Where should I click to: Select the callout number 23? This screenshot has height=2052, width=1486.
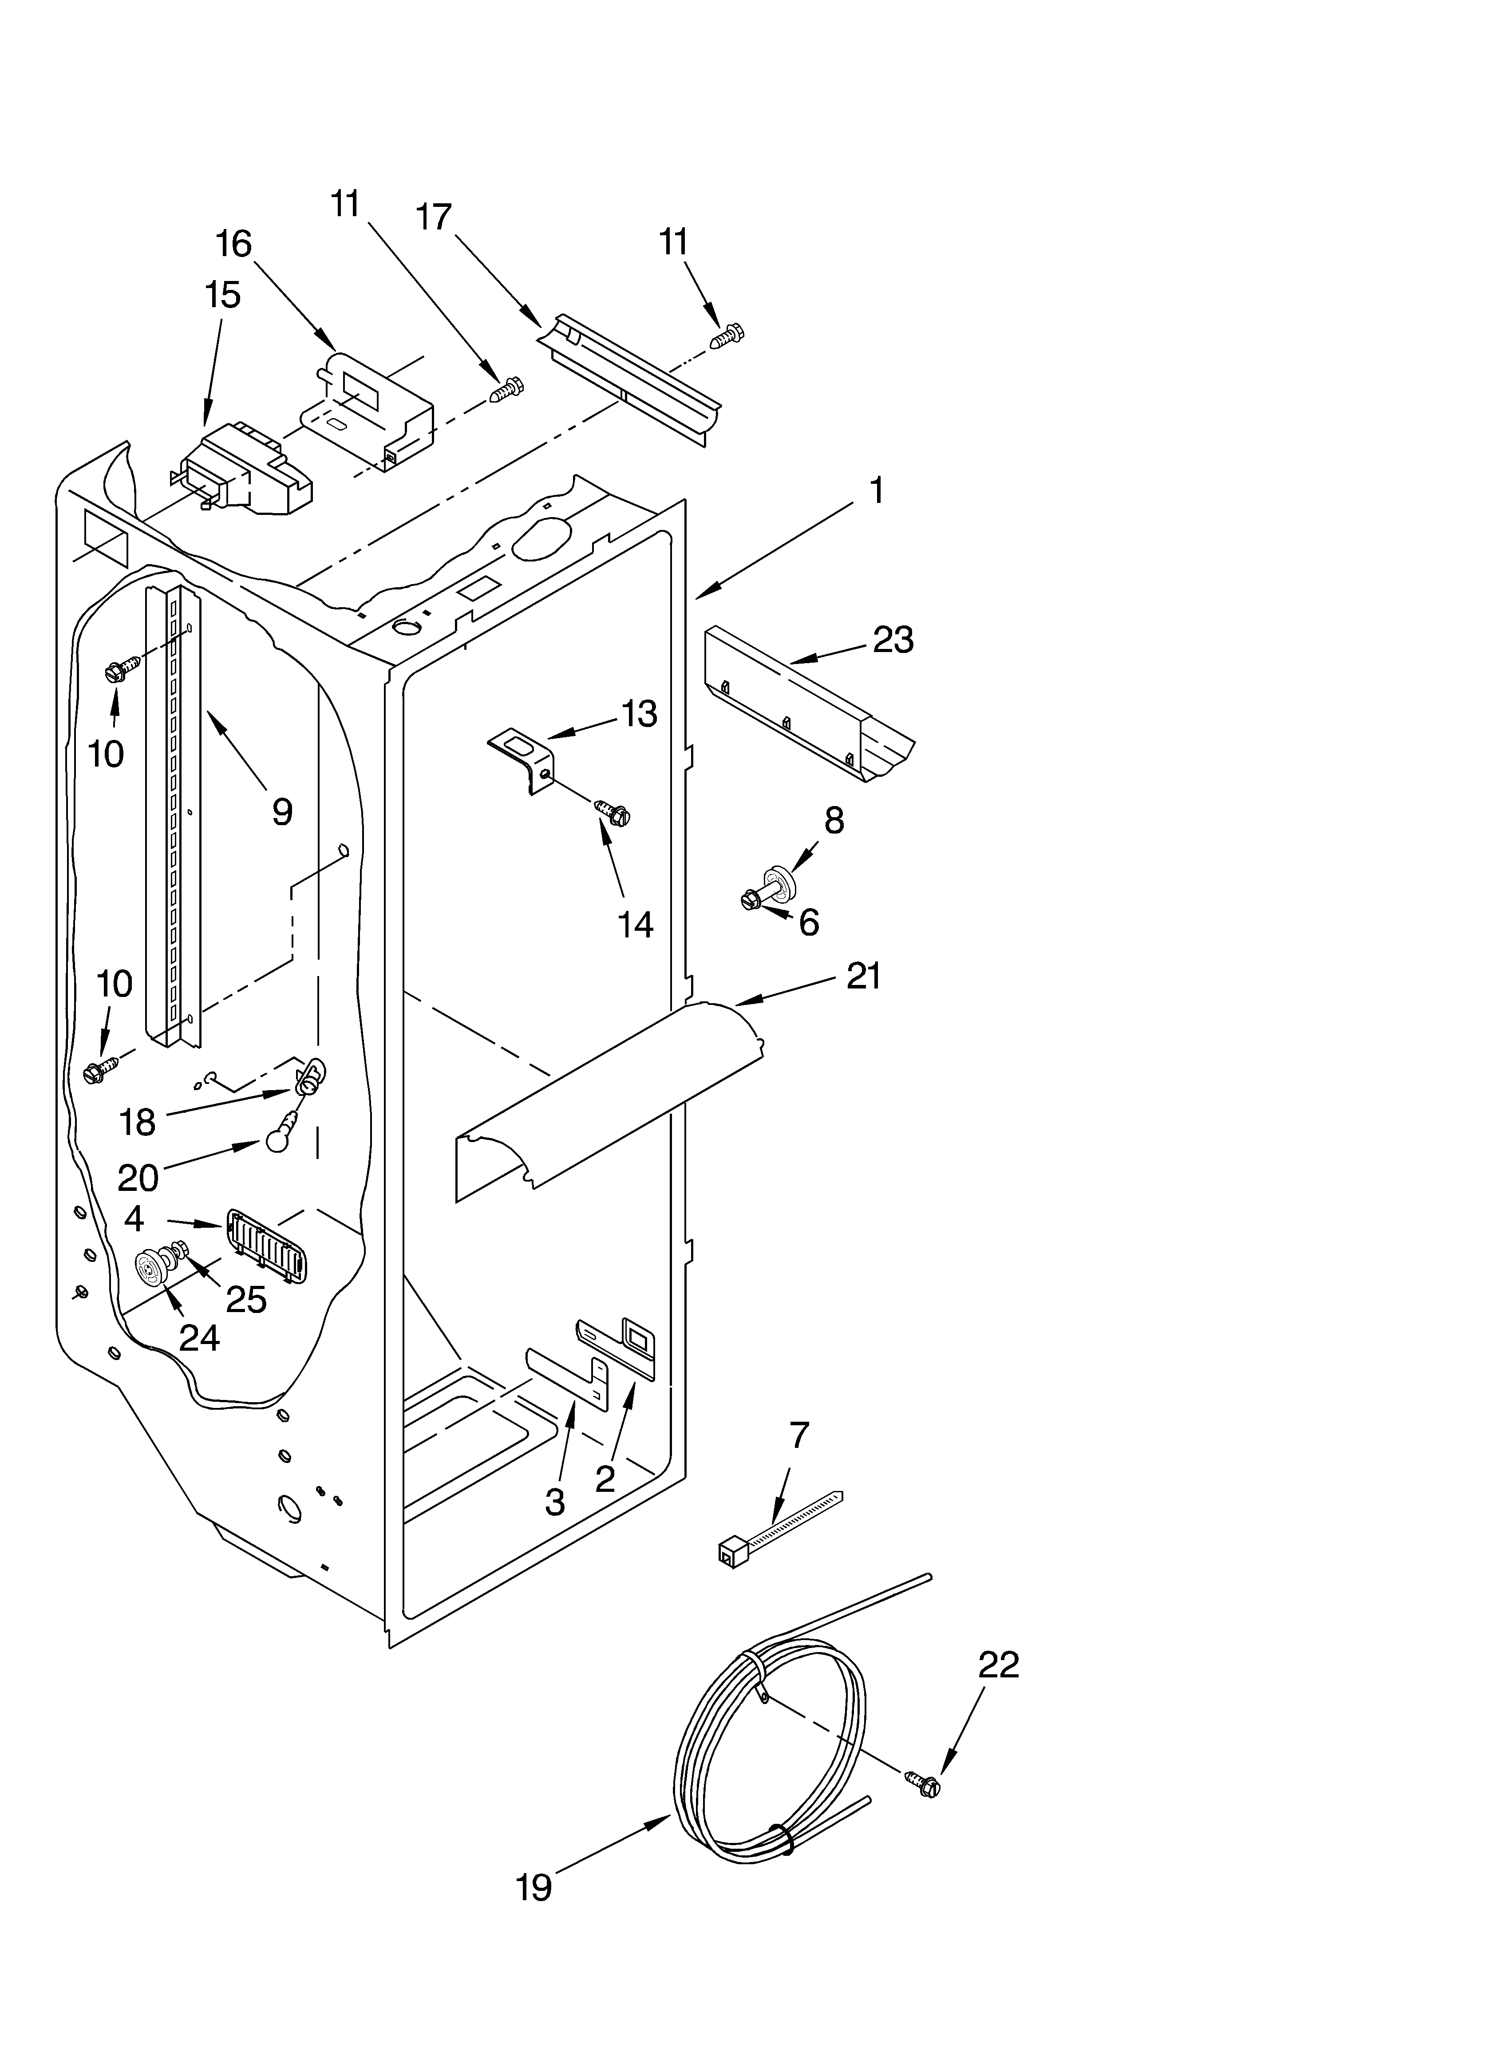click(x=892, y=640)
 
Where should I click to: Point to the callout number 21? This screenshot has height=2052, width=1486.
click(x=862, y=976)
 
